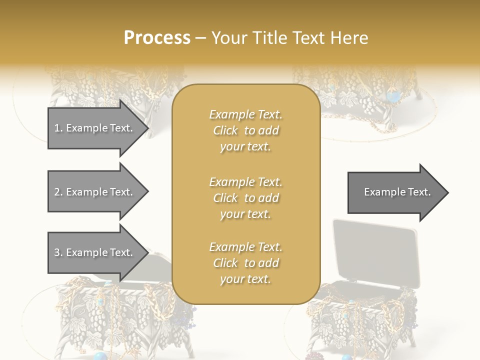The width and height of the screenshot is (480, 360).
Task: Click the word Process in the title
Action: pyautogui.click(x=157, y=38)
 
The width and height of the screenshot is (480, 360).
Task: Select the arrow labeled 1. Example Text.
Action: pyautogui.click(x=95, y=128)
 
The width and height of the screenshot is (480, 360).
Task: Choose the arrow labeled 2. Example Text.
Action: pyautogui.click(x=95, y=192)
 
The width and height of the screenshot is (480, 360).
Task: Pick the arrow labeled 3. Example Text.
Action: pyautogui.click(x=95, y=252)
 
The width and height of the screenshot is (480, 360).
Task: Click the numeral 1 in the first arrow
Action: pyautogui.click(x=57, y=128)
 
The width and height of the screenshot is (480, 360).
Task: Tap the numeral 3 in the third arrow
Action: pyautogui.click(x=57, y=252)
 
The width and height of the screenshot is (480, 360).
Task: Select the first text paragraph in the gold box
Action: pyautogui.click(x=245, y=130)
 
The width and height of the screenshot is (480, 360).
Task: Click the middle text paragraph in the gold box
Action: pyautogui.click(x=245, y=198)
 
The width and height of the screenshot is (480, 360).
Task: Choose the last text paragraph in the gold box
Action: pyautogui.click(x=245, y=263)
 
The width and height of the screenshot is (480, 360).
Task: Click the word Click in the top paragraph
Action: pyautogui.click(x=225, y=130)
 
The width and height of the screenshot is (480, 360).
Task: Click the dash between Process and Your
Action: pyautogui.click(x=200, y=38)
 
